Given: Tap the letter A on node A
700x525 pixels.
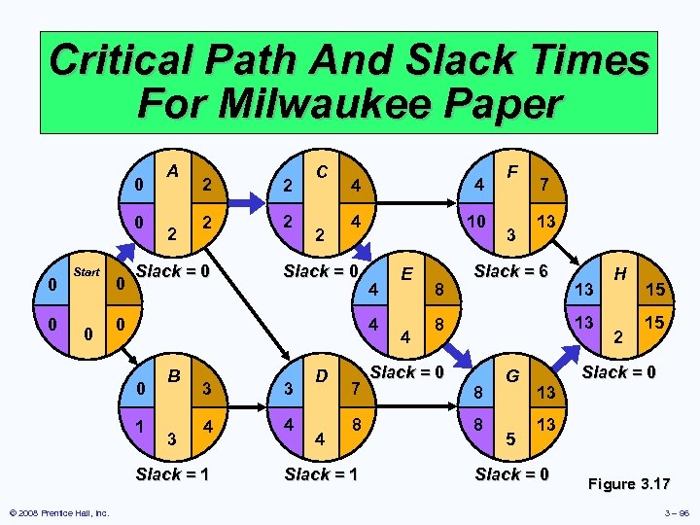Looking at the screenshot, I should [172, 171].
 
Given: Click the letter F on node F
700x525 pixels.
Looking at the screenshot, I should [511, 171].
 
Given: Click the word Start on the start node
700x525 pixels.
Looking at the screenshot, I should [87, 272].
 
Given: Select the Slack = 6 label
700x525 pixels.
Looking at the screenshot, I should [512, 270].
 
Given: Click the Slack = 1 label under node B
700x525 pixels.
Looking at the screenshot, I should [173, 474].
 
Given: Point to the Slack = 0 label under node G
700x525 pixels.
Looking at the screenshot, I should [512, 474].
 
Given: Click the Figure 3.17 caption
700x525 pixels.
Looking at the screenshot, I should [627, 482].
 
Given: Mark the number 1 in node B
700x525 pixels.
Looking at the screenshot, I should [141, 425].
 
